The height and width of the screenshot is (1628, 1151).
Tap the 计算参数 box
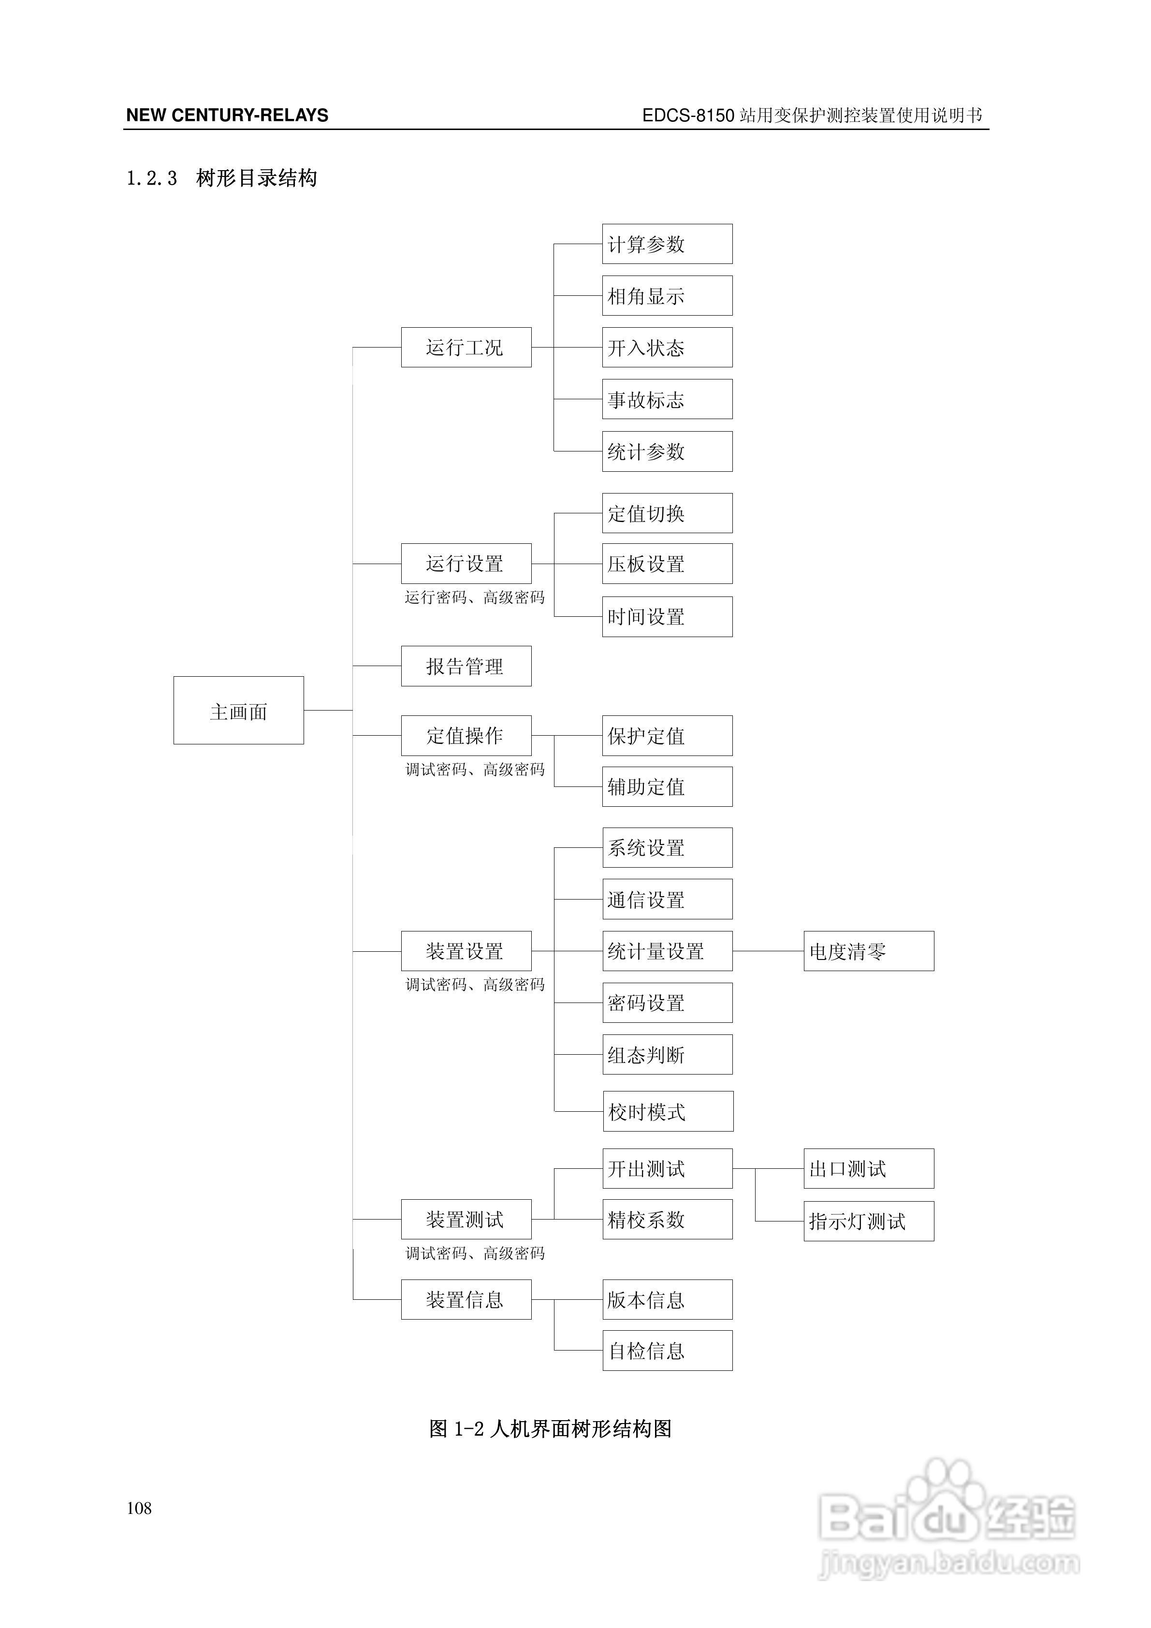[667, 244]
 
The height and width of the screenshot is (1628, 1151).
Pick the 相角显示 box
[667, 296]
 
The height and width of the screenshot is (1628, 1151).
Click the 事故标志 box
[667, 399]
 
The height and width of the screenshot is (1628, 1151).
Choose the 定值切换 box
[667, 513]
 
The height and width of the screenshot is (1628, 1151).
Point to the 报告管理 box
[466, 666]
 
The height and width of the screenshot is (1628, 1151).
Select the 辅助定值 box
[667, 786]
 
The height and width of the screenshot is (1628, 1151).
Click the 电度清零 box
[868, 951]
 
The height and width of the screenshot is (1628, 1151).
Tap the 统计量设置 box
[667, 951]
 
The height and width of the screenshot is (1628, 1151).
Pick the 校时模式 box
[667, 1111]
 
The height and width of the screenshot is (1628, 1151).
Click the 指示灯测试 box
[868, 1221]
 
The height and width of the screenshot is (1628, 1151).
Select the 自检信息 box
[667, 1350]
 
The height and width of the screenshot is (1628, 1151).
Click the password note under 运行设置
[474, 598]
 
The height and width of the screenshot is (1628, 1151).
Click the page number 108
[139, 1508]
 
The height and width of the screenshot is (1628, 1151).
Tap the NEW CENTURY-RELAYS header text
[227, 116]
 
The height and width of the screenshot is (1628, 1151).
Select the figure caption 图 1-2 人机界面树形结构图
[550, 1428]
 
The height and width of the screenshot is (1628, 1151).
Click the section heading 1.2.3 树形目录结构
[221, 178]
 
